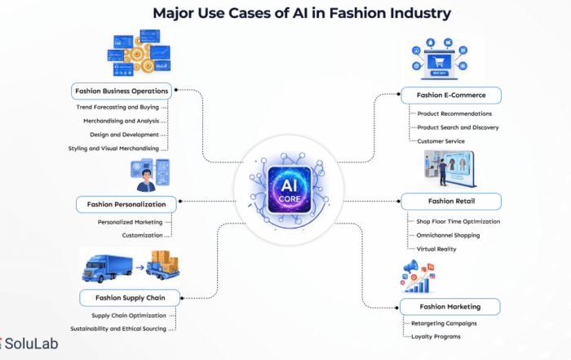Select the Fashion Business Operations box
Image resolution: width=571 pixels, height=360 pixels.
(x=121, y=91)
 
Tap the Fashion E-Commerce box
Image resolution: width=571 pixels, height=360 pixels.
(x=449, y=96)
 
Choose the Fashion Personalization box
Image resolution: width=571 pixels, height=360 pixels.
(x=126, y=204)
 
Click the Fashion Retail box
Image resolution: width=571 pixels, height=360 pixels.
(x=451, y=201)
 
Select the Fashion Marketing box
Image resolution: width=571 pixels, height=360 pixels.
(x=449, y=307)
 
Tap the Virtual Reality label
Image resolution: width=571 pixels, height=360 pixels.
(x=436, y=248)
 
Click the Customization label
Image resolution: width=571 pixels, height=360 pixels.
(x=142, y=235)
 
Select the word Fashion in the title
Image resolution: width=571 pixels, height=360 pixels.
(x=375, y=14)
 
